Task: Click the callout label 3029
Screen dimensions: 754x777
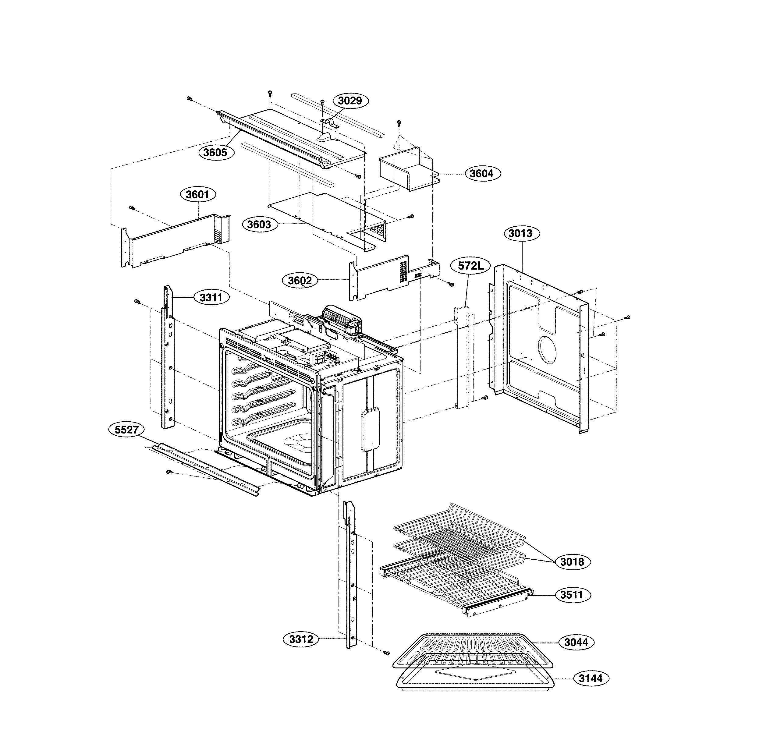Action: point(350,101)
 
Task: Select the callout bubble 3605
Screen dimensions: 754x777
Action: point(216,152)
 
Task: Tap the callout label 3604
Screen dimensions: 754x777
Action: point(482,174)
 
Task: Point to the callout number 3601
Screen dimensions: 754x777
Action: point(197,195)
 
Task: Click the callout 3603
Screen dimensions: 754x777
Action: point(259,225)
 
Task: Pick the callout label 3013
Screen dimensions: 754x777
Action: point(520,233)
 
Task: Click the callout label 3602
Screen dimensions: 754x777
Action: point(300,281)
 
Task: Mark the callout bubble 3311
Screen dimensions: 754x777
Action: point(211,297)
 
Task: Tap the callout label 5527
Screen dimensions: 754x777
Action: point(126,430)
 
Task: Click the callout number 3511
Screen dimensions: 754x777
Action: point(572,595)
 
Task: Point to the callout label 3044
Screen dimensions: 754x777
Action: point(576,642)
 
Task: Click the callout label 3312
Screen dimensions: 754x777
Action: point(301,639)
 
